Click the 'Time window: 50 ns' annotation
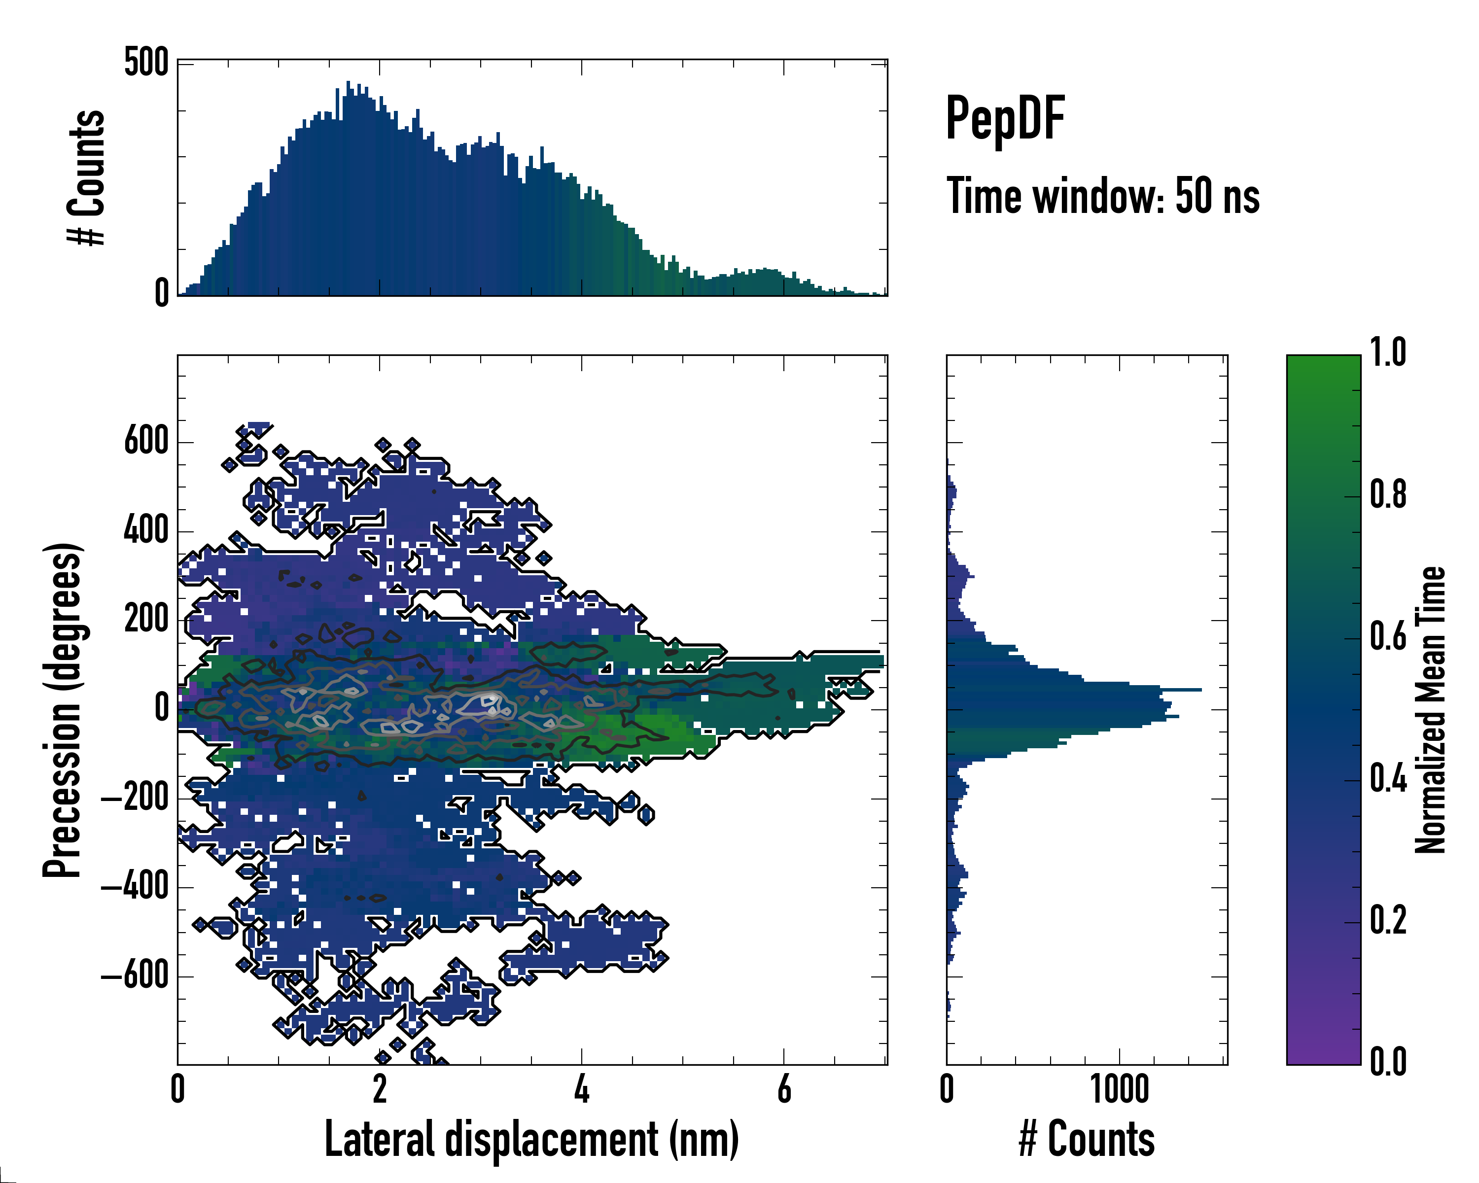click(1102, 196)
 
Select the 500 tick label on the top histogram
click(146, 63)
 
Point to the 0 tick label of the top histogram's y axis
click(161, 293)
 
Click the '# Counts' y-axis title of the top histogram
click(86, 177)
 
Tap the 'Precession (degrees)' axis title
click(63, 709)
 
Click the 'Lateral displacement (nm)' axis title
click(531, 1139)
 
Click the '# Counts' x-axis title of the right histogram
click(1087, 1139)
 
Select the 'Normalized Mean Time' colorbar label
click(1430, 709)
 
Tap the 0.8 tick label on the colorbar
click(1388, 495)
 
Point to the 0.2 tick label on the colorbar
click(1388, 920)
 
